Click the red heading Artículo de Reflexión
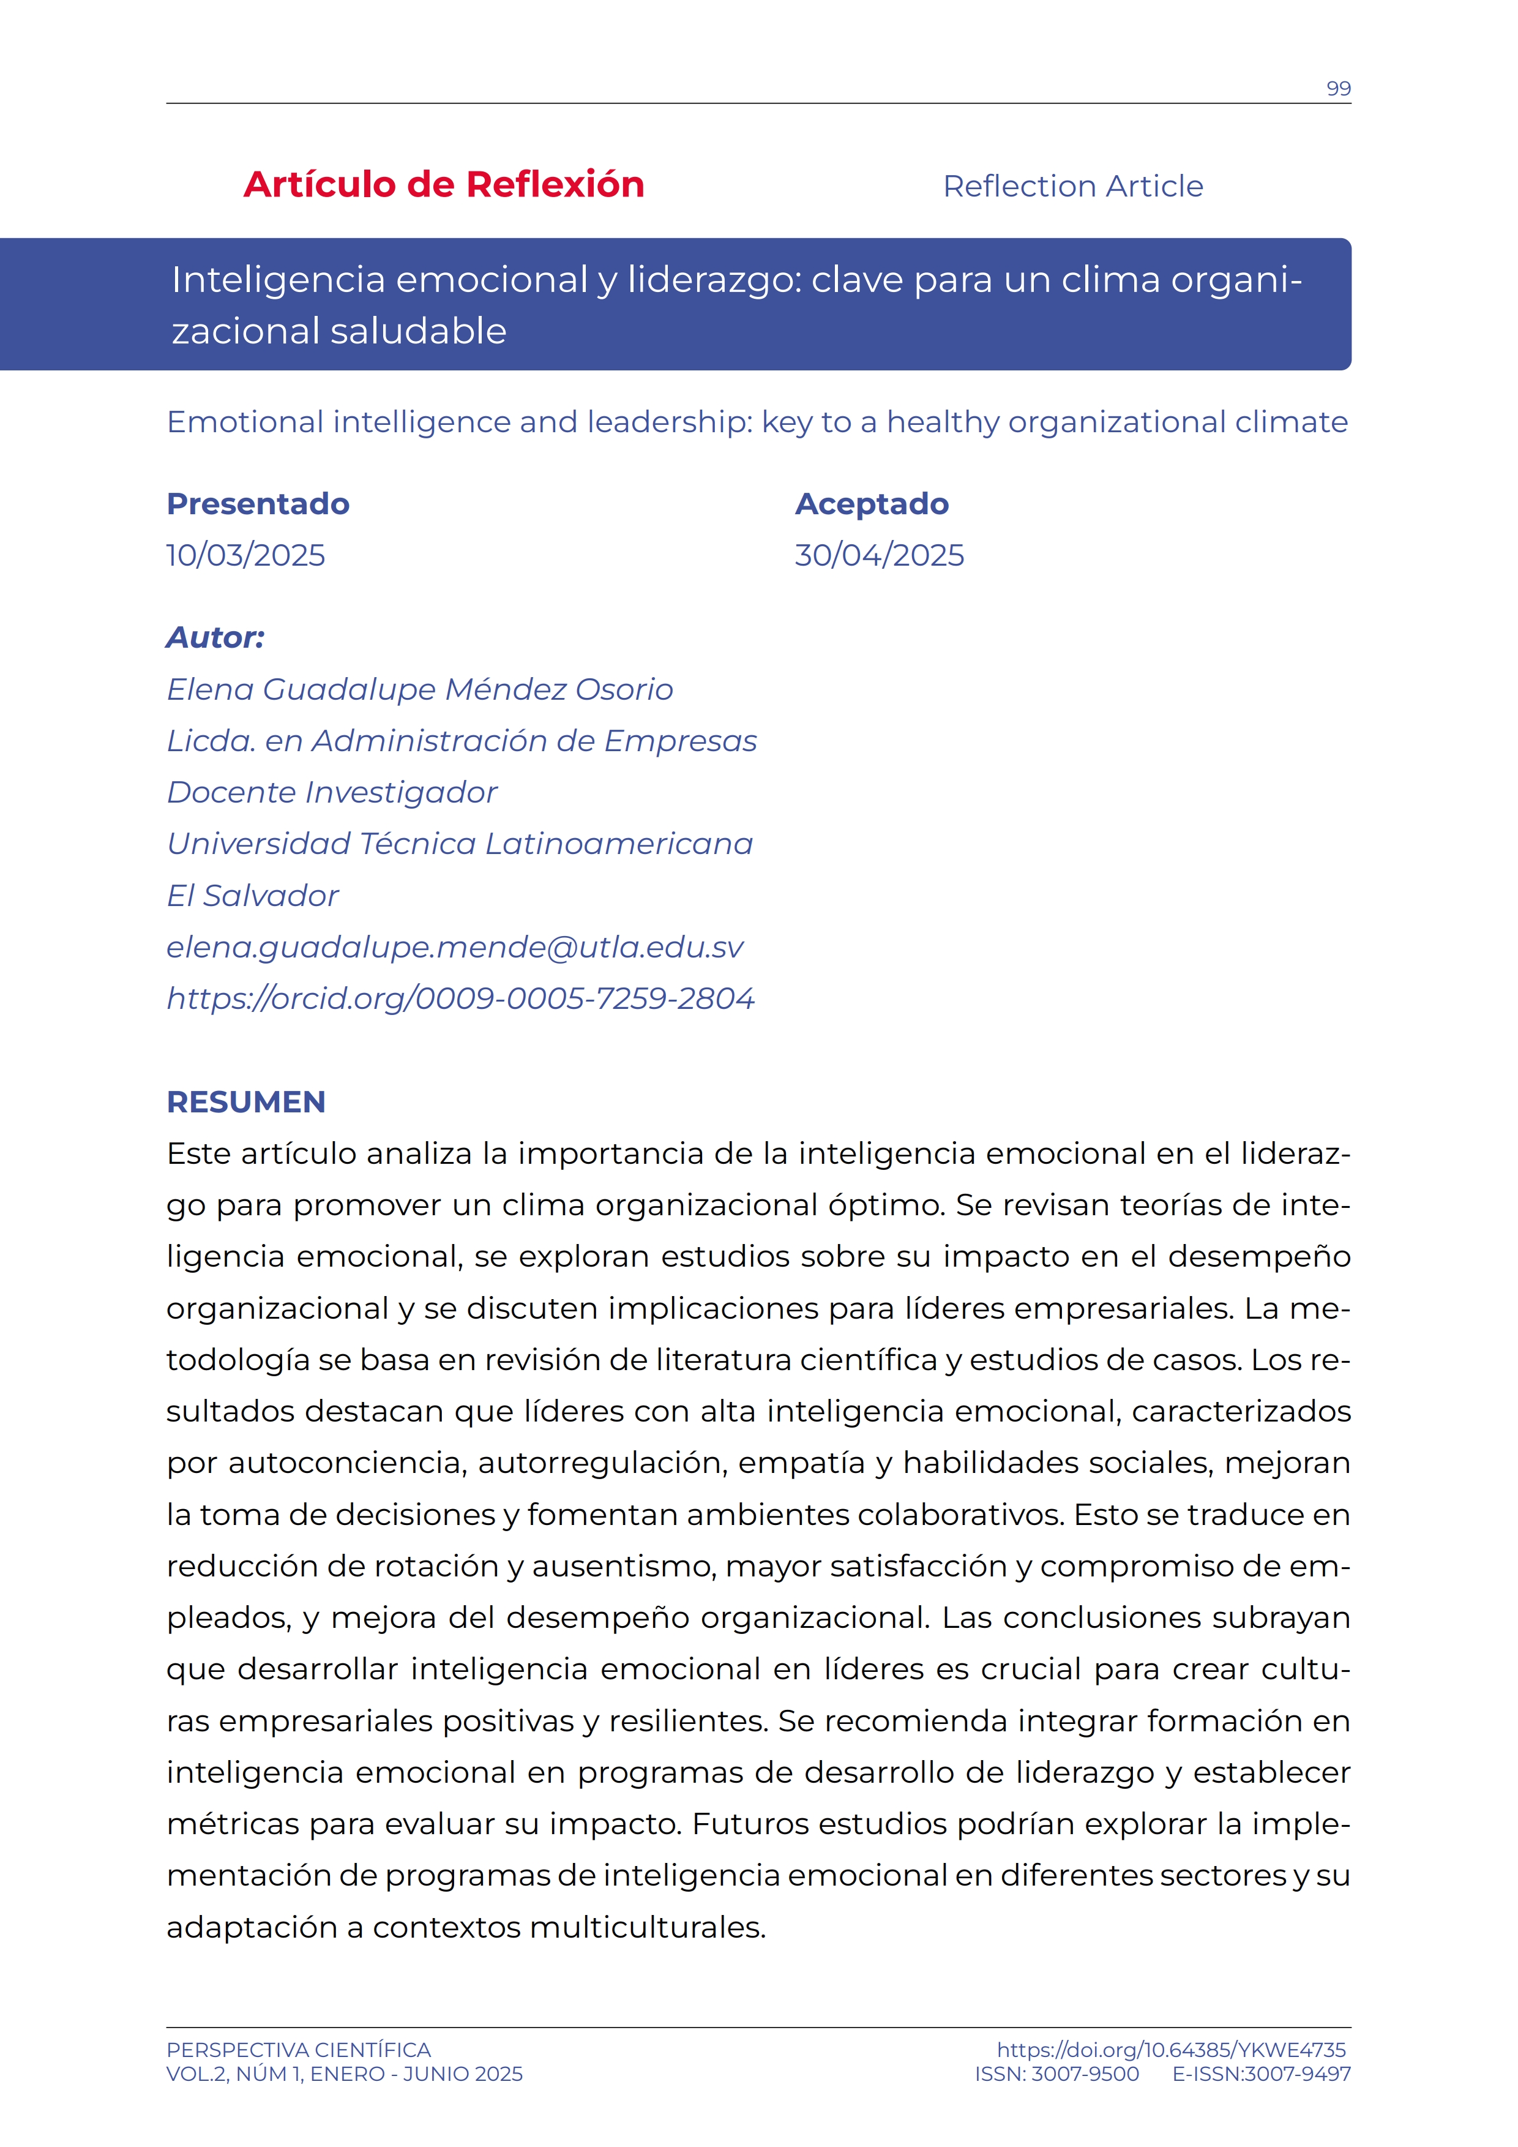coord(444,185)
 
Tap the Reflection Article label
coord(1072,186)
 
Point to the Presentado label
coord(258,504)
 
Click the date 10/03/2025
coord(246,555)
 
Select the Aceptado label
coord(871,504)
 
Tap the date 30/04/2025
coord(878,555)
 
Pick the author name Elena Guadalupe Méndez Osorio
coord(420,689)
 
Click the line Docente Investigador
coord(332,793)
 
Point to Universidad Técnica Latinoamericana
coord(459,844)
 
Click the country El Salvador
coord(252,896)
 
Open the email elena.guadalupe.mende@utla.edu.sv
coord(455,947)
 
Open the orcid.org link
coord(460,999)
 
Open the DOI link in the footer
coord(1170,2050)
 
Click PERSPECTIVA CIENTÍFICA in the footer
coord(298,2050)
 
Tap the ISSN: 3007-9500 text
coord(1056,2074)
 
